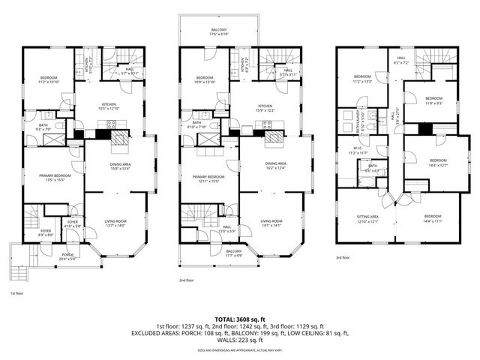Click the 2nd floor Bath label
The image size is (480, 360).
[197, 124]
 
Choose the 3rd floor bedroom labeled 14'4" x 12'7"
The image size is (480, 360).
[438, 162]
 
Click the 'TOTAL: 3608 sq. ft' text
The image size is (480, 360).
[239, 319]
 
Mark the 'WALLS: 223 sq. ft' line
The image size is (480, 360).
[239, 340]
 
